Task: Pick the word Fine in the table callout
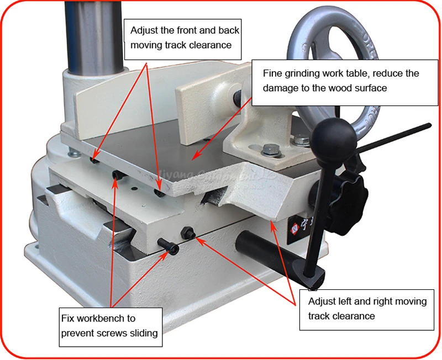click(272, 73)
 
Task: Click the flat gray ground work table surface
click(166, 155)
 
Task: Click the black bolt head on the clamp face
click(238, 98)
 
